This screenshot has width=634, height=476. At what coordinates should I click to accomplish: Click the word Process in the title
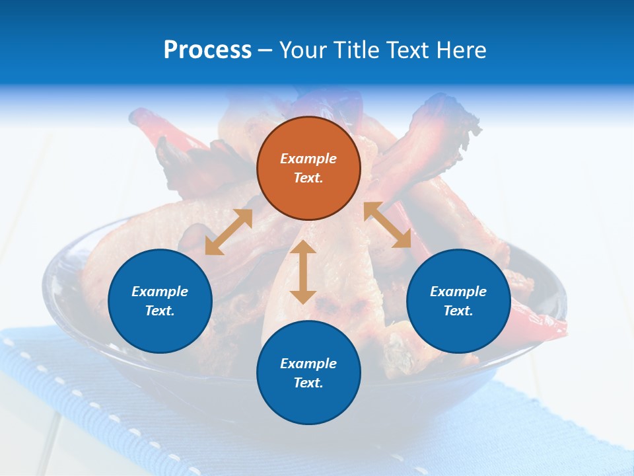207,50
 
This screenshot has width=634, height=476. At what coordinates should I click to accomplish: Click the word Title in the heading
355,50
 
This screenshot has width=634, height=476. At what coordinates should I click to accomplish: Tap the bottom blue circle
308,403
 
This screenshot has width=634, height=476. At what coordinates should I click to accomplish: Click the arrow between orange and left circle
229,231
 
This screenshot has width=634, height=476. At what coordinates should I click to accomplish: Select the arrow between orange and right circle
388,225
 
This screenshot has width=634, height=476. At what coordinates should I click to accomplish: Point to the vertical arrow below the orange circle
303,272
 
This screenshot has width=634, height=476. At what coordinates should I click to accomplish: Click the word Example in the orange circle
308,159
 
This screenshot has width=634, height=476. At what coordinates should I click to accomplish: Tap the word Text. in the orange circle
308,178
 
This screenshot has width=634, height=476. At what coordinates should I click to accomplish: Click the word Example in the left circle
160,292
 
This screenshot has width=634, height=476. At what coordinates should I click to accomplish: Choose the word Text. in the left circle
160,311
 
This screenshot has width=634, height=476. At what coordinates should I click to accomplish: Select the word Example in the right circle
458,292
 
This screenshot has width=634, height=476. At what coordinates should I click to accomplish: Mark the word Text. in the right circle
458,311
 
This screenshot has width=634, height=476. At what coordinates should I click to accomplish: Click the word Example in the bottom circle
308,364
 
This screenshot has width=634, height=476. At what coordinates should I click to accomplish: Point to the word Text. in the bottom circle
308,383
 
